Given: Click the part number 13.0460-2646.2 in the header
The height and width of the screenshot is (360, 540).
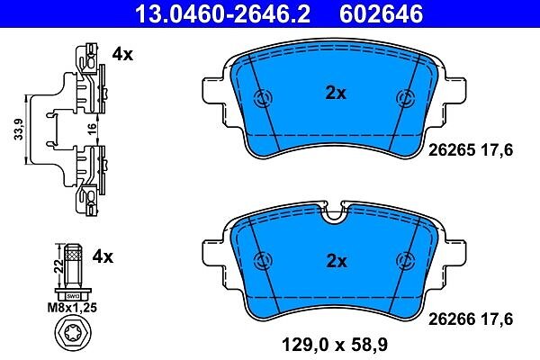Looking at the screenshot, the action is pyautogui.click(x=223, y=13).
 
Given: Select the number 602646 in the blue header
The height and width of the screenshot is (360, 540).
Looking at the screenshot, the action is pyautogui.click(x=382, y=13).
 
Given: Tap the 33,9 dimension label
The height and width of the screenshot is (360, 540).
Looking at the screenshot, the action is pyautogui.click(x=19, y=130).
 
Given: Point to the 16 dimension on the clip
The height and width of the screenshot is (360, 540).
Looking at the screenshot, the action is pyautogui.click(x=92, y=130).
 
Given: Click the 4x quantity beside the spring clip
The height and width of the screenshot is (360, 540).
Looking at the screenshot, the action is pyautogui.click(x=122, y=54).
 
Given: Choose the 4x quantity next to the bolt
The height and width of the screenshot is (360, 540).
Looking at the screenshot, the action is pyautogui.click(x=103, y=256).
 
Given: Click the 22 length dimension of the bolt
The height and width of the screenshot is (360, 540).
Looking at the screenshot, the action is pyautogui.click(x=59, y=266).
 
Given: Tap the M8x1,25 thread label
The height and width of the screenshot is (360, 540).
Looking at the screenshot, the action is pyautogui.click(x=72, y=307).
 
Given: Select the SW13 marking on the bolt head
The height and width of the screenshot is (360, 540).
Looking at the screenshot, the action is pyautogui.click(x=73, y=296).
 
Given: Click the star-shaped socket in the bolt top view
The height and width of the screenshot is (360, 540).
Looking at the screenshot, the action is pyautogui.click(x=73, y=333).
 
